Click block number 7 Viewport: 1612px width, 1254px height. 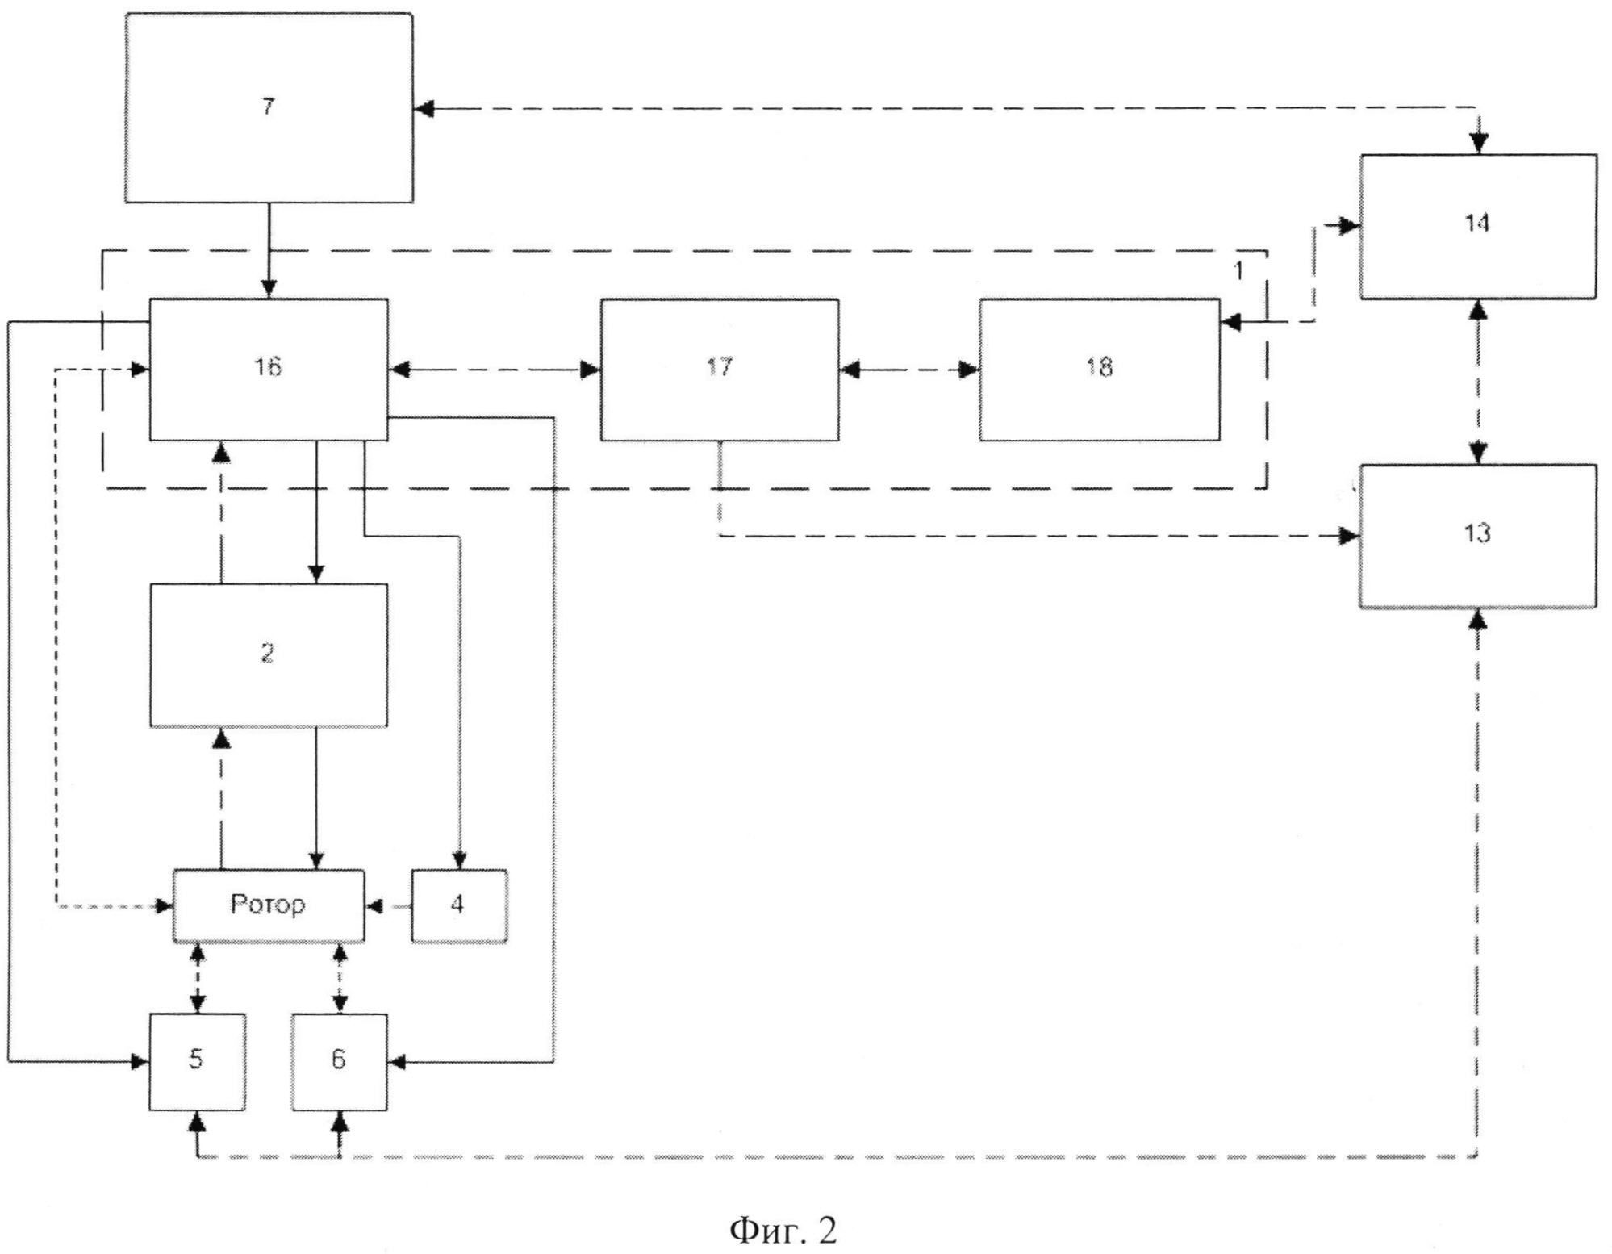click(x=269, y=107)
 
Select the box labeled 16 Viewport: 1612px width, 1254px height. click(x=269, y=370)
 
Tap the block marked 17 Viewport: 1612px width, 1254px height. click(x=720, y=370)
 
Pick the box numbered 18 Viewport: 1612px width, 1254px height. click(x=1100, y=370)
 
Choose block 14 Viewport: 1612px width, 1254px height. click(x=1478, y=227)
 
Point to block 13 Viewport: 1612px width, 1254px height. click(x=1478, y=536)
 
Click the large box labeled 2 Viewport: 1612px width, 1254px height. click(x=269, y=655)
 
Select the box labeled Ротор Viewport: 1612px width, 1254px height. click(x=269, y=905)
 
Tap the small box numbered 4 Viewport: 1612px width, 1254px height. click(x=459, y=905)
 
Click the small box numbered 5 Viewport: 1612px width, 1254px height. click(x=198, y=1062)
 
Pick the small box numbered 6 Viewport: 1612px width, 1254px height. click(x=340, y=1062)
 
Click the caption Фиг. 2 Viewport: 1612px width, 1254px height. click(x=783, y=1207)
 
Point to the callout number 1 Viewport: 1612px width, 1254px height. click(x=1238, y=271)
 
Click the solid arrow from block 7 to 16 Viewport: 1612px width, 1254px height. click(x=269, y=250)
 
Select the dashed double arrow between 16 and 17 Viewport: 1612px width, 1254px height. click(x=495, y=370)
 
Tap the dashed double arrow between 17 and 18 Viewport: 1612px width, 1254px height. click(x=909, y=370)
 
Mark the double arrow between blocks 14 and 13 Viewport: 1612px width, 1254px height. click(x=1478, y=382)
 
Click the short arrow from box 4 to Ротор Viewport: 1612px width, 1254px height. click(x=388, y=907)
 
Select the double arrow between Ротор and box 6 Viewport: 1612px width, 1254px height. click(x=340, y=978)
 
